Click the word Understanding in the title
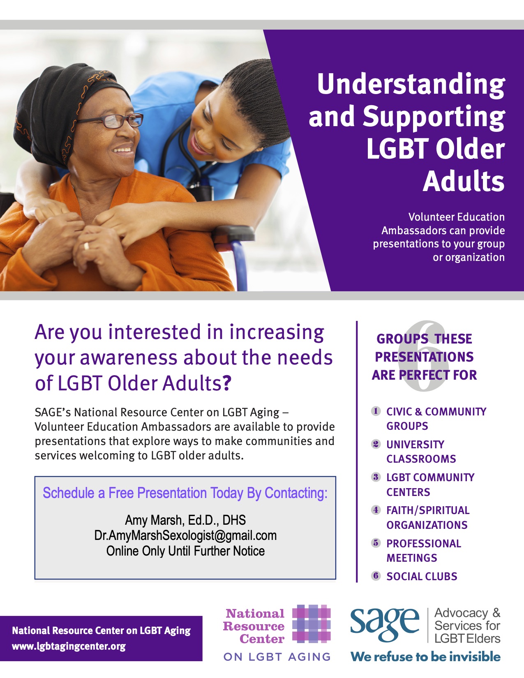tap(411, 84)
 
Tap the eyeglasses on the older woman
tap(109, 121)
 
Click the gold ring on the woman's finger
tap(86, 246)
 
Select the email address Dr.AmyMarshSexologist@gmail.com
tap(185, 535)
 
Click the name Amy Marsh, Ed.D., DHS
tap(185, 520)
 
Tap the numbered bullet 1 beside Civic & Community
tap(376, 411)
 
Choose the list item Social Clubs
tap(422, 576)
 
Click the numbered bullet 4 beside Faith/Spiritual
tap(376, 510)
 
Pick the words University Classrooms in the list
tap(421, 452)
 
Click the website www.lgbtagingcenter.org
tap(69, 646)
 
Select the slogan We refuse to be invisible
tap(425, 657)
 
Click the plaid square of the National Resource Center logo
tap(311, 624)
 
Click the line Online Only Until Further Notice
tap(185, 551)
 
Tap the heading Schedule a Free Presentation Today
tap(185, 493)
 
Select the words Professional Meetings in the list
tap(424, 550)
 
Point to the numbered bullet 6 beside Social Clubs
tap(376, 576)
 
